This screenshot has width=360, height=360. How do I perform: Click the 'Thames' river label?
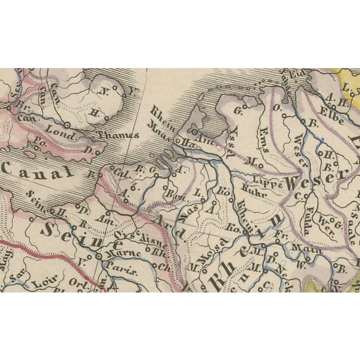point(118,135)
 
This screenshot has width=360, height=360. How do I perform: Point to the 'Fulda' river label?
point(310,211)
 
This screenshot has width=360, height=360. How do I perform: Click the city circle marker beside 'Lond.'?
point(67,124)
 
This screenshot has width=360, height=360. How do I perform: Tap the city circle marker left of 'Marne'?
point(98,256)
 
